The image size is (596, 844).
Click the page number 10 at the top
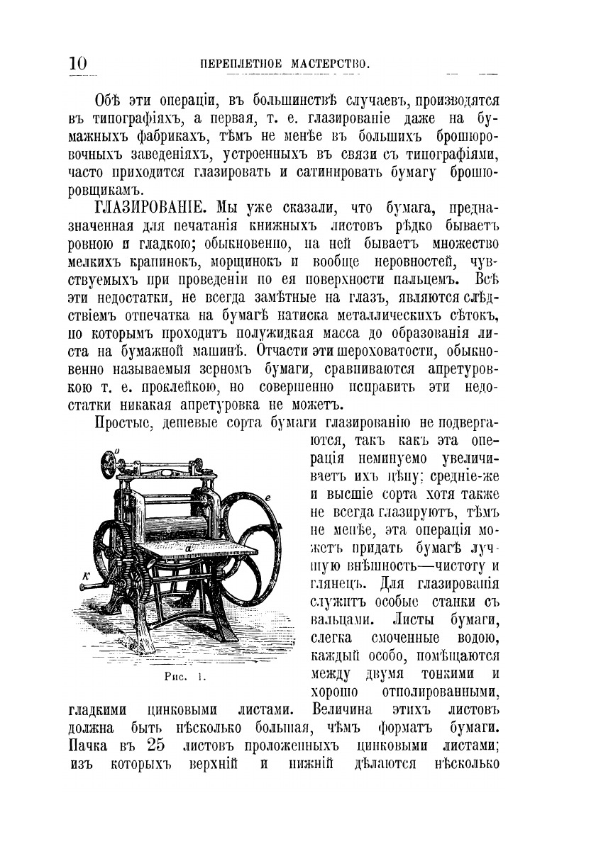78,63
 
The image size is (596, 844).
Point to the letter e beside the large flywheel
268,499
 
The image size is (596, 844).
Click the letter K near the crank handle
85,575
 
